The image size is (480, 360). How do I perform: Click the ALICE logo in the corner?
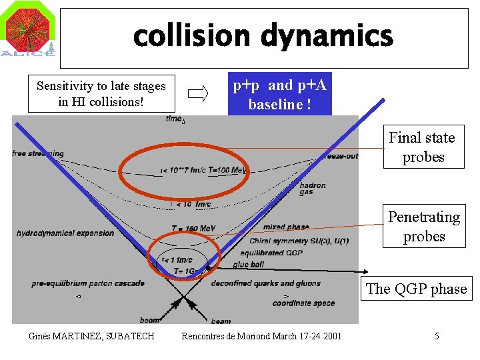[x=29, y=31]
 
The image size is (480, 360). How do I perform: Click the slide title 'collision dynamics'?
[x=263, y=37]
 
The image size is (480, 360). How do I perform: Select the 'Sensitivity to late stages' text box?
[x=101, y=94]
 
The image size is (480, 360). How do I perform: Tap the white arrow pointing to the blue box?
[x=198, y=95]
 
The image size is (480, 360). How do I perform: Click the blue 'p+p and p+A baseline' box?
[x=279, y=94]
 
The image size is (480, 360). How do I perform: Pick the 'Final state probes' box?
[x=423, y=147]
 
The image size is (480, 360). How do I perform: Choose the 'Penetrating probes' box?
[x=423, y=227]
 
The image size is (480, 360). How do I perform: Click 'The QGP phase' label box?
[x=417, y=289]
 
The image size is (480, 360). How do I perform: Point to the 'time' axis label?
[x=175, y=119]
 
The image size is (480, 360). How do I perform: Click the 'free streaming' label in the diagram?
[x=38, y=153]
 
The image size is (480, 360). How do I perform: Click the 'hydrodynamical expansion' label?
[x=65, y=233]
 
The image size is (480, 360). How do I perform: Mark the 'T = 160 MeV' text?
[x=193, y=229]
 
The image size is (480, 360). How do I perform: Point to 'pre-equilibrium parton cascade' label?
[x=88, y=283]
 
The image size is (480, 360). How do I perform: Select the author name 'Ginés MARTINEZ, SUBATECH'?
[x=91, y=335]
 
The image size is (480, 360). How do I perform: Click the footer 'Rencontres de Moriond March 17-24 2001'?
[x=261, y=335]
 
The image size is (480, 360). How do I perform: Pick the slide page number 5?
[x=437, y=336]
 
